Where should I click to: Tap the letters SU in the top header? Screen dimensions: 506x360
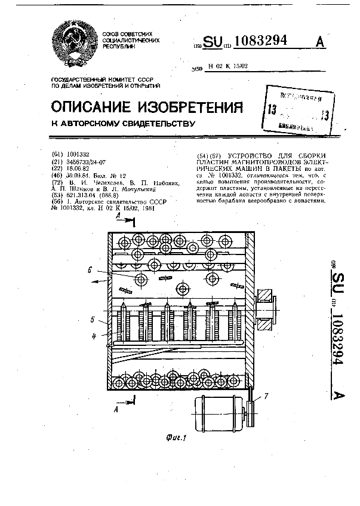pos(211,42)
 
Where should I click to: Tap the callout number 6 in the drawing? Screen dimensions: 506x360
pos(90,269)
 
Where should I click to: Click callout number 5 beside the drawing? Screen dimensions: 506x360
pos(93,320)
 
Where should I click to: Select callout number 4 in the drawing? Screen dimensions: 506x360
pos(93,336)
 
